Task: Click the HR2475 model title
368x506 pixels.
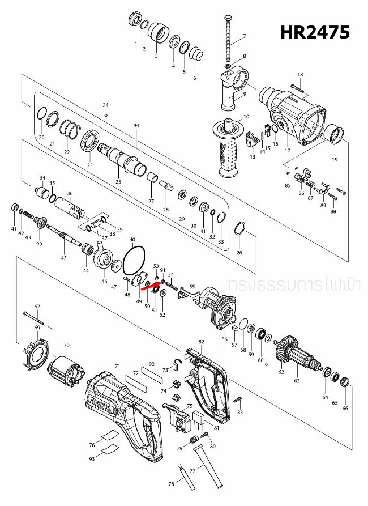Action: (315, 33)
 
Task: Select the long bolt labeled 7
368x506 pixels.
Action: (229, 38)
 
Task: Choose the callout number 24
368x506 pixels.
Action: (105, 105)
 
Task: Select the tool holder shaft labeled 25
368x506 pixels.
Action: (121, 159)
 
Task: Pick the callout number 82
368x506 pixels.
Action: (201, 342)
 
